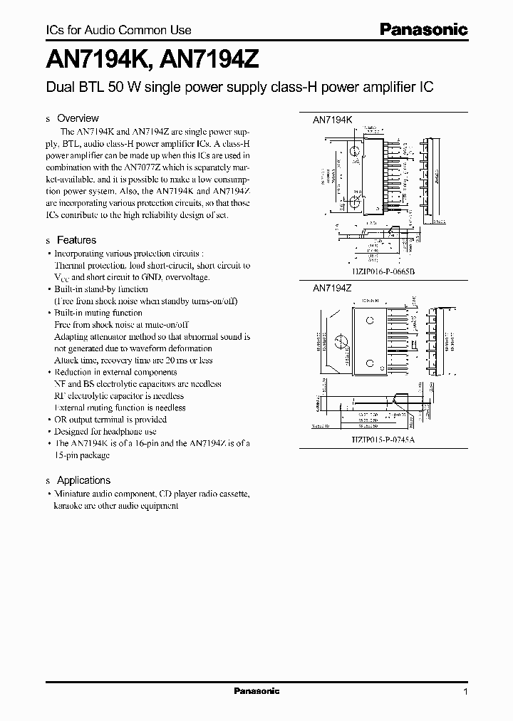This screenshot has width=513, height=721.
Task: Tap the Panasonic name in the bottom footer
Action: point(256,691)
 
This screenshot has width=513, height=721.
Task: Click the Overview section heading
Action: point(78,118)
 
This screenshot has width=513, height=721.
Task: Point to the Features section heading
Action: point(76,240)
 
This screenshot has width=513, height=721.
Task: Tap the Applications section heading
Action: point(83,480)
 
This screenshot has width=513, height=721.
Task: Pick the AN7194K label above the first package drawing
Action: point(333,121)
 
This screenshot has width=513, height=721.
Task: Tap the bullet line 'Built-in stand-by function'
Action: point(101,289)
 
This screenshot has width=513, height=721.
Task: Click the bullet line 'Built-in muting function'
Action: point(98,313)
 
